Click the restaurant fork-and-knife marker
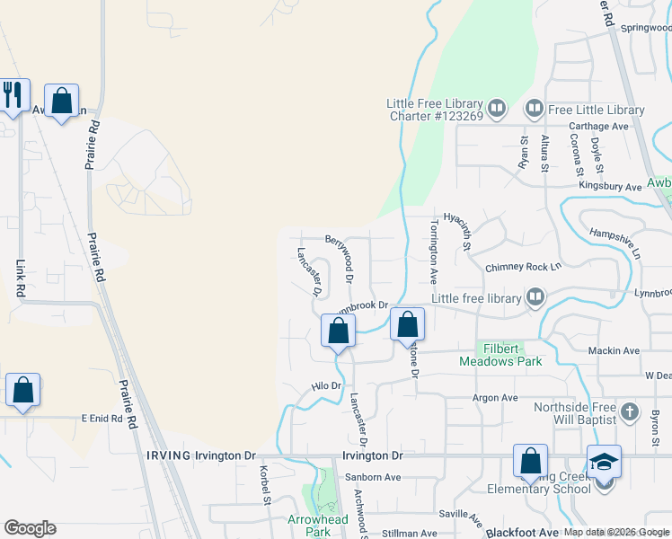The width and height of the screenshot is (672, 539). (x=12, y=95)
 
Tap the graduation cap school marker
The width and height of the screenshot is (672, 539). (x=605, y=462)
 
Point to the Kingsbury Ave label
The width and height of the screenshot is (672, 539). (x=610, y=187)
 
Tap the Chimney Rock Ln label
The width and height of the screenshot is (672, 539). (x=523, y=267)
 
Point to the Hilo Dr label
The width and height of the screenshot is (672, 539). (x=327, y=386)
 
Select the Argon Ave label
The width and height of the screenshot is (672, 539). (x=497, y=397)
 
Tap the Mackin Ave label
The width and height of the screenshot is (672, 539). (x=613, y=350)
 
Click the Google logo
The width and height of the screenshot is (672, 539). (x=30, y=528)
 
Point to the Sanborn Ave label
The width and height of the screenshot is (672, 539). (x=372, y=477)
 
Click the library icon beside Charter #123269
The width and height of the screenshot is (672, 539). (x=497, y=109)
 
